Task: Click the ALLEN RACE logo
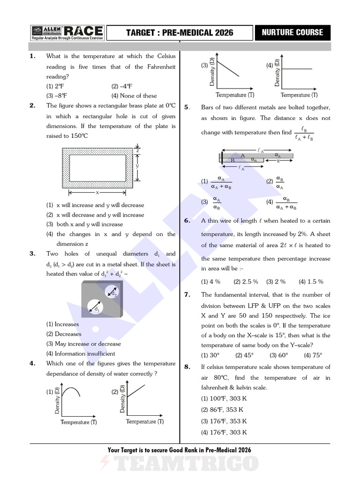click(67, 32)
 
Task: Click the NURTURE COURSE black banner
click(292, 32)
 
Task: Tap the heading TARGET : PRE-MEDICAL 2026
click(180, 33)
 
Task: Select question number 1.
click(32, 56)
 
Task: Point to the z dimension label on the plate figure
click(137, 150)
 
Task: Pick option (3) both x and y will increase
click(89, 224)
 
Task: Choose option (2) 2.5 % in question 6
click(246, 282)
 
